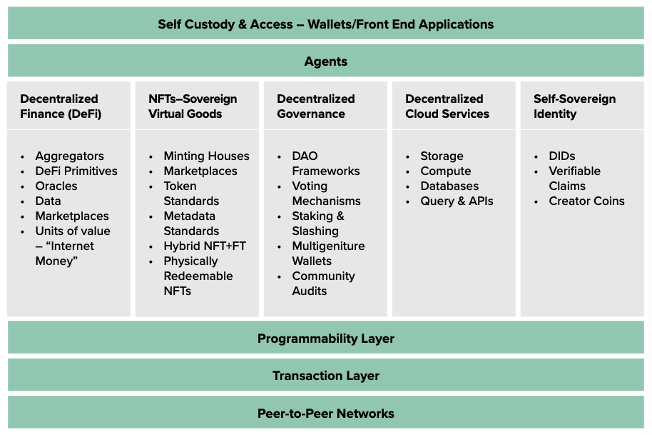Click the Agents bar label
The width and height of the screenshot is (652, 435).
tap(325, 61)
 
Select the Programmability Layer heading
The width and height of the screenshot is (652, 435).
tap(325, 339)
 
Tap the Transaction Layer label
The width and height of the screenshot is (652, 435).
tap(325, 376)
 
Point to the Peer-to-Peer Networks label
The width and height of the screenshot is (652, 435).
tap(325, 413)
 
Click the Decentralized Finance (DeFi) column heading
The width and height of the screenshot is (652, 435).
tap(60, 106)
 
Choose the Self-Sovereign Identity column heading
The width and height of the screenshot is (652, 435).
tap(574, 106)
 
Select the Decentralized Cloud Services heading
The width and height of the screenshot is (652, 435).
tap(447, 106)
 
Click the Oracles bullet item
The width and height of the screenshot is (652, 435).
tap(56, 186)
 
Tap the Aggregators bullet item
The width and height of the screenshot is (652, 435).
tap(69, 156)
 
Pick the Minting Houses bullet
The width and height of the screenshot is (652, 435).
tap(206, 156)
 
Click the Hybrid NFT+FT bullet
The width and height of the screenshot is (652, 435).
tap(205, 246)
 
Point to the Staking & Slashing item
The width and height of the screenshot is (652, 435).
tap(317, 224)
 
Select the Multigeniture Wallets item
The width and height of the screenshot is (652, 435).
tap(327, 254)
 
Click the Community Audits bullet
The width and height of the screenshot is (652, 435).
tap(322, 284)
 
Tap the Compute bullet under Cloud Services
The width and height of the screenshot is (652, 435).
tap(445, 171)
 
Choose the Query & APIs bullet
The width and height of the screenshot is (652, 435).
tap(457, 201)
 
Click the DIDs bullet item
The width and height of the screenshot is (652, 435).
tap(561, 156)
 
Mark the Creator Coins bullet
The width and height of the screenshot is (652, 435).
tap(586, 201)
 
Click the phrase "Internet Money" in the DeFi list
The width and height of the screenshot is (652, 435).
tap(64, 254)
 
